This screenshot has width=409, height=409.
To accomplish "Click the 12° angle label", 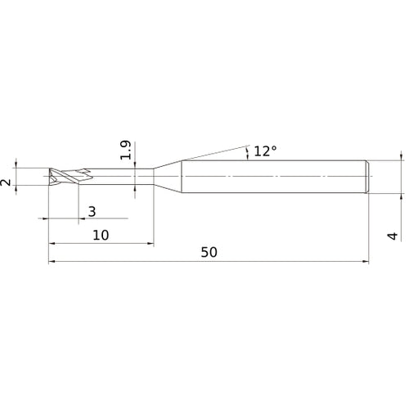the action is [x=265, y=151].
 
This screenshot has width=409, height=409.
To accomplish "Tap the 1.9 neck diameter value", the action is [x=126, y=150].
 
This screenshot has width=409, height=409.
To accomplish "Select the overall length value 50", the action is [x=209, y=252].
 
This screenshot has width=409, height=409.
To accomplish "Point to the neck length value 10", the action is [x=101, y=235].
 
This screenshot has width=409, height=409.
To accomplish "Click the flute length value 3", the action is [x=92, y=211].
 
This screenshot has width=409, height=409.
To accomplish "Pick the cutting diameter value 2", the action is [x=6, y=182].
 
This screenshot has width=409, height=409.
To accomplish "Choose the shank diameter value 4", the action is [x=393, y=236].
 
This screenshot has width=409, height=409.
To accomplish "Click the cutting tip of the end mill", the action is [x=52, y=177].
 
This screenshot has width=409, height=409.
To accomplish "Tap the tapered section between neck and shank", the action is [x=168, y=177].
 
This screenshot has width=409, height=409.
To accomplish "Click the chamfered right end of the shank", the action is [x=367, y=177].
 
